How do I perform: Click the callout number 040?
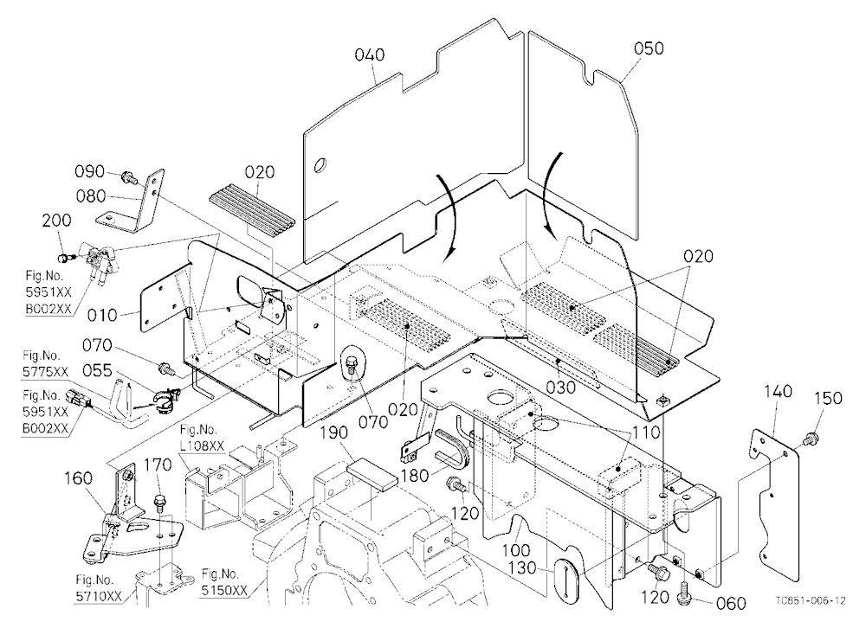pos(370,54)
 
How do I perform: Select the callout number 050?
pos(649,48)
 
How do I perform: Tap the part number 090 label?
pos(89,171)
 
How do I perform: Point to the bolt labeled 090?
pos(128,177)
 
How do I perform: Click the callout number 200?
pos(56,221)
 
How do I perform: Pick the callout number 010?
pos(102,315)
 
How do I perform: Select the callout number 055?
pos(97,370)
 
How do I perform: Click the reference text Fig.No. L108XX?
pos(199,437)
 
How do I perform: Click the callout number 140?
pos(779,391)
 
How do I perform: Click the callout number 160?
pos(79,477)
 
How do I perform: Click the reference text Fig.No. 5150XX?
pos(225,583)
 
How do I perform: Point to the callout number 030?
pos(561,388)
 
